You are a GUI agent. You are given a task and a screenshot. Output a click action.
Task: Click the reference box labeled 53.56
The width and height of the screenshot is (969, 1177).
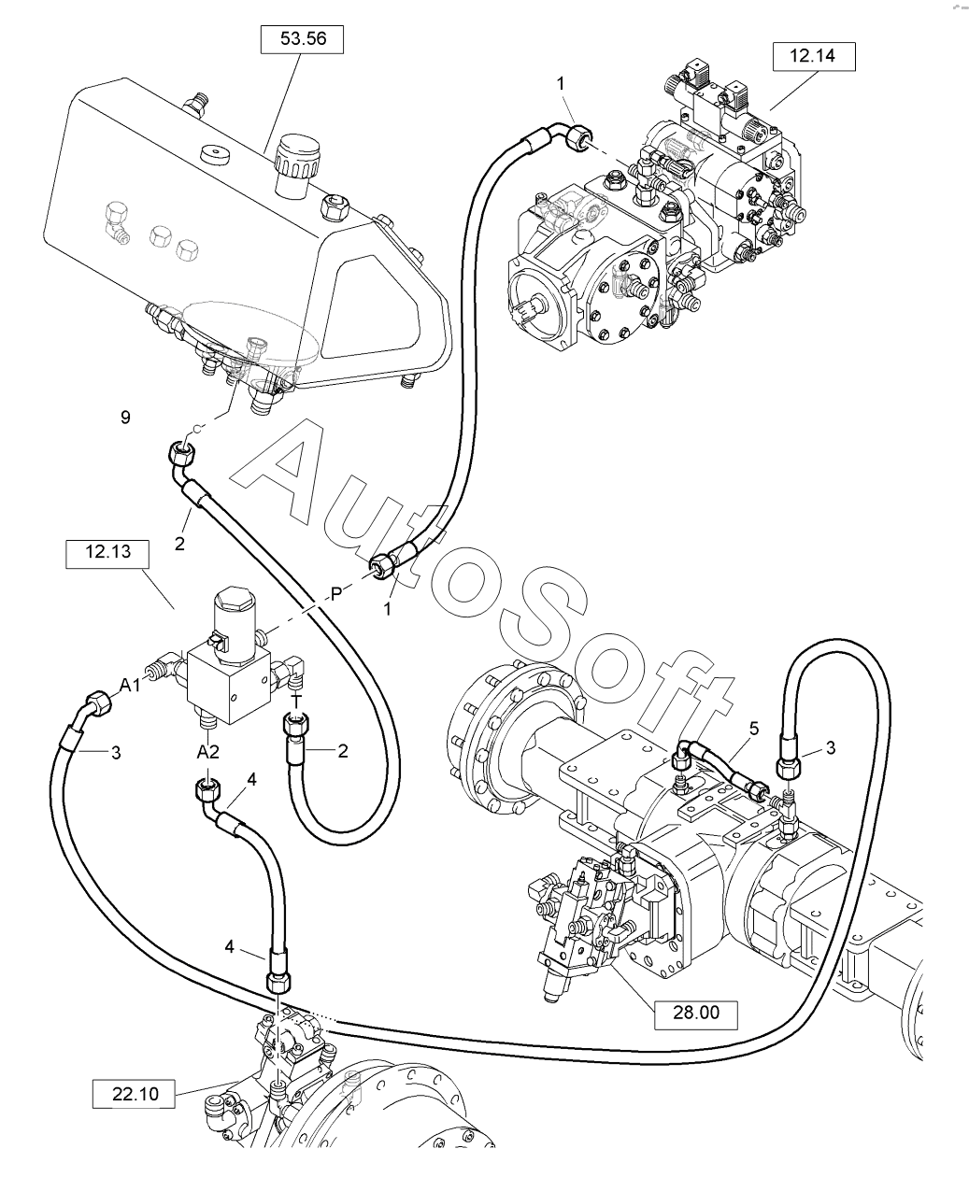302,39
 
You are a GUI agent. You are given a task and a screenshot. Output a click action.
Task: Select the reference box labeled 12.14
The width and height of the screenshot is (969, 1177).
814,56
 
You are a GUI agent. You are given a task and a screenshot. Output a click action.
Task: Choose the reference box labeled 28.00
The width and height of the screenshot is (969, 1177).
696,1013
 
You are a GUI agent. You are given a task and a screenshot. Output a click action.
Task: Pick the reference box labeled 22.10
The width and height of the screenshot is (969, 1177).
135,1094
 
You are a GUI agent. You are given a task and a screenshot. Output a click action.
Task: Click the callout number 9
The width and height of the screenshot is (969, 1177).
125,417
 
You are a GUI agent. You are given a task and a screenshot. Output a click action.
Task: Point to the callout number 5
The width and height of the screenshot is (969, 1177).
754,729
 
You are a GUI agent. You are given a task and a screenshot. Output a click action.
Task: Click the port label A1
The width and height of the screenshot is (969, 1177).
131,685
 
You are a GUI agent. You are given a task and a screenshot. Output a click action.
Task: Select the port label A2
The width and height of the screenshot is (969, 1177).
208,752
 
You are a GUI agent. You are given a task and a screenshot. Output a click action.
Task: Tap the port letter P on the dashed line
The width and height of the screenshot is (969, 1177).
336,594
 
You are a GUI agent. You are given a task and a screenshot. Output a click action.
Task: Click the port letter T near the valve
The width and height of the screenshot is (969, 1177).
297,701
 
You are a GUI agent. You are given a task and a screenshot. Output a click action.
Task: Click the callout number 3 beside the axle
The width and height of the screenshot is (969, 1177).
831,748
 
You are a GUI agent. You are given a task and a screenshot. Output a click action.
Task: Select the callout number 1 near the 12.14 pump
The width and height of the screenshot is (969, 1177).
561,84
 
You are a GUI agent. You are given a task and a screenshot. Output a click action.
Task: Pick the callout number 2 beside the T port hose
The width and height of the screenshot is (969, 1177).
343,751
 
